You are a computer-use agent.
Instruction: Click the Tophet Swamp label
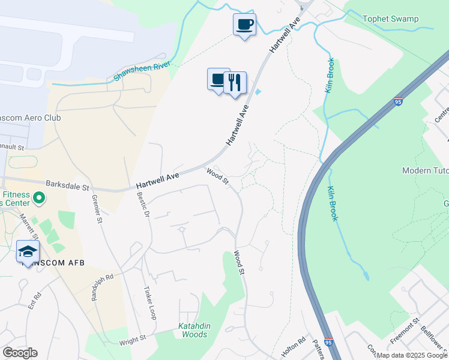(390, 19)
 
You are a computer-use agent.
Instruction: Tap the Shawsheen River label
(143, 71)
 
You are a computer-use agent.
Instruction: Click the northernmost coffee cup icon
(244, 25)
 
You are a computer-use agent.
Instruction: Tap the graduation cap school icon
(28, 252)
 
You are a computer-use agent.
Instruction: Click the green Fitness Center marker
(38, 197)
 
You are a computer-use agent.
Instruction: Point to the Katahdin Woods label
(194, 330)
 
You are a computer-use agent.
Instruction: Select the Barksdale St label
(67, 187)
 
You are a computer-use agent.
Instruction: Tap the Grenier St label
(97, 209)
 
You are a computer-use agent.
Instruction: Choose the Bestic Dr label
(142, 204)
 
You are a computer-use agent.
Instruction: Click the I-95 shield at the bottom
(328, 340)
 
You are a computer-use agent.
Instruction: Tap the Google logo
(20, 352)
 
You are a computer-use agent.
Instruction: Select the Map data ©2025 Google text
(412, 355)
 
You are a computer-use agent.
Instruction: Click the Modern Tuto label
(425, 171)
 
